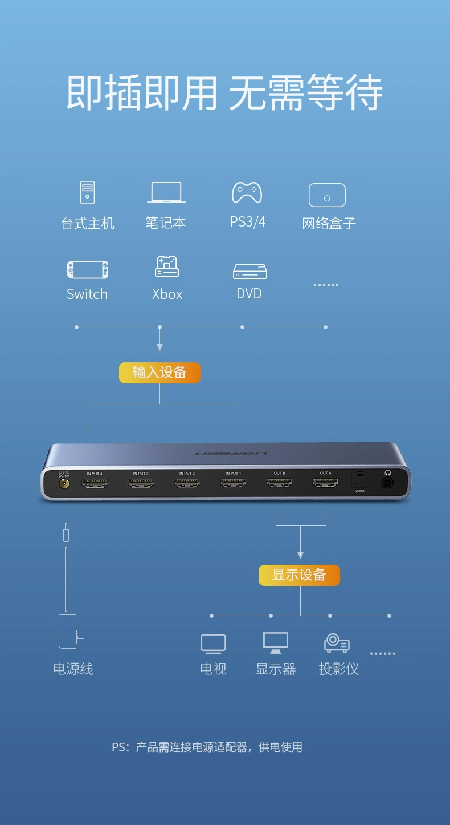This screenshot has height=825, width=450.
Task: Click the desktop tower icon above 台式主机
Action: click(87, 192)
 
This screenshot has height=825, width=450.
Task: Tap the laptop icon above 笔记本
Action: click(166, 193)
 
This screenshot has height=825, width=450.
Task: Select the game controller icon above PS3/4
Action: click(247, 193)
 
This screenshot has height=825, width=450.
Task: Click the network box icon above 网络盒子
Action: click(327, 195)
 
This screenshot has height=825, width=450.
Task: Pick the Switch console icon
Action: click(87, 270)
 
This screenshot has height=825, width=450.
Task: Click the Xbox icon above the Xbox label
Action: click(167, 266)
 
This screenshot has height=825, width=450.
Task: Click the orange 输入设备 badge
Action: click(159, 373)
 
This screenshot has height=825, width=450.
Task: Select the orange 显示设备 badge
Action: click(299, 575)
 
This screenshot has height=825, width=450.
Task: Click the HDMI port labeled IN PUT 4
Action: click(95, 483)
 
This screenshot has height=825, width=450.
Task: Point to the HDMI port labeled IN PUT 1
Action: click(233, 483)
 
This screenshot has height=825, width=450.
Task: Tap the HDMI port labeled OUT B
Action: click(279, 483)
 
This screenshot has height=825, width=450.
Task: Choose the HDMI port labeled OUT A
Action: click(325, 483)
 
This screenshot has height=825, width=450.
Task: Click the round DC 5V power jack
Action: click(64, 483)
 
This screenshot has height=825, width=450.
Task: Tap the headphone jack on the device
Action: click(388, 483)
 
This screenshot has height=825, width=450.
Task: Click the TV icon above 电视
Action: click(213, 644)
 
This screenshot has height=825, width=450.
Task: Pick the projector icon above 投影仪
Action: click(337, 644)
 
